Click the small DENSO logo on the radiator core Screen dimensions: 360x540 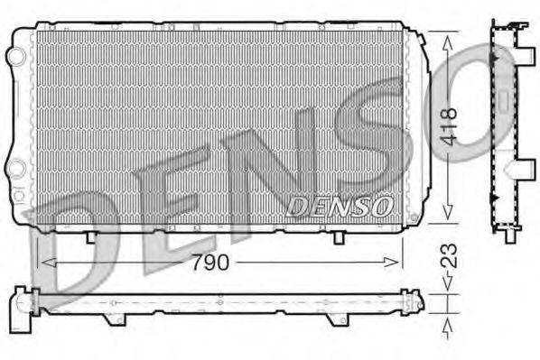[x=339, y=207]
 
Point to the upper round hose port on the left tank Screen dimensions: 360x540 [x=15, y=56]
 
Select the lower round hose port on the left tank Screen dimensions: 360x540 [x=15, y=168]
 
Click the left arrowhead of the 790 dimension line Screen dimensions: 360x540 [x=42, y=263]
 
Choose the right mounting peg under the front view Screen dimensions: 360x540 [x=338, y=236]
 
